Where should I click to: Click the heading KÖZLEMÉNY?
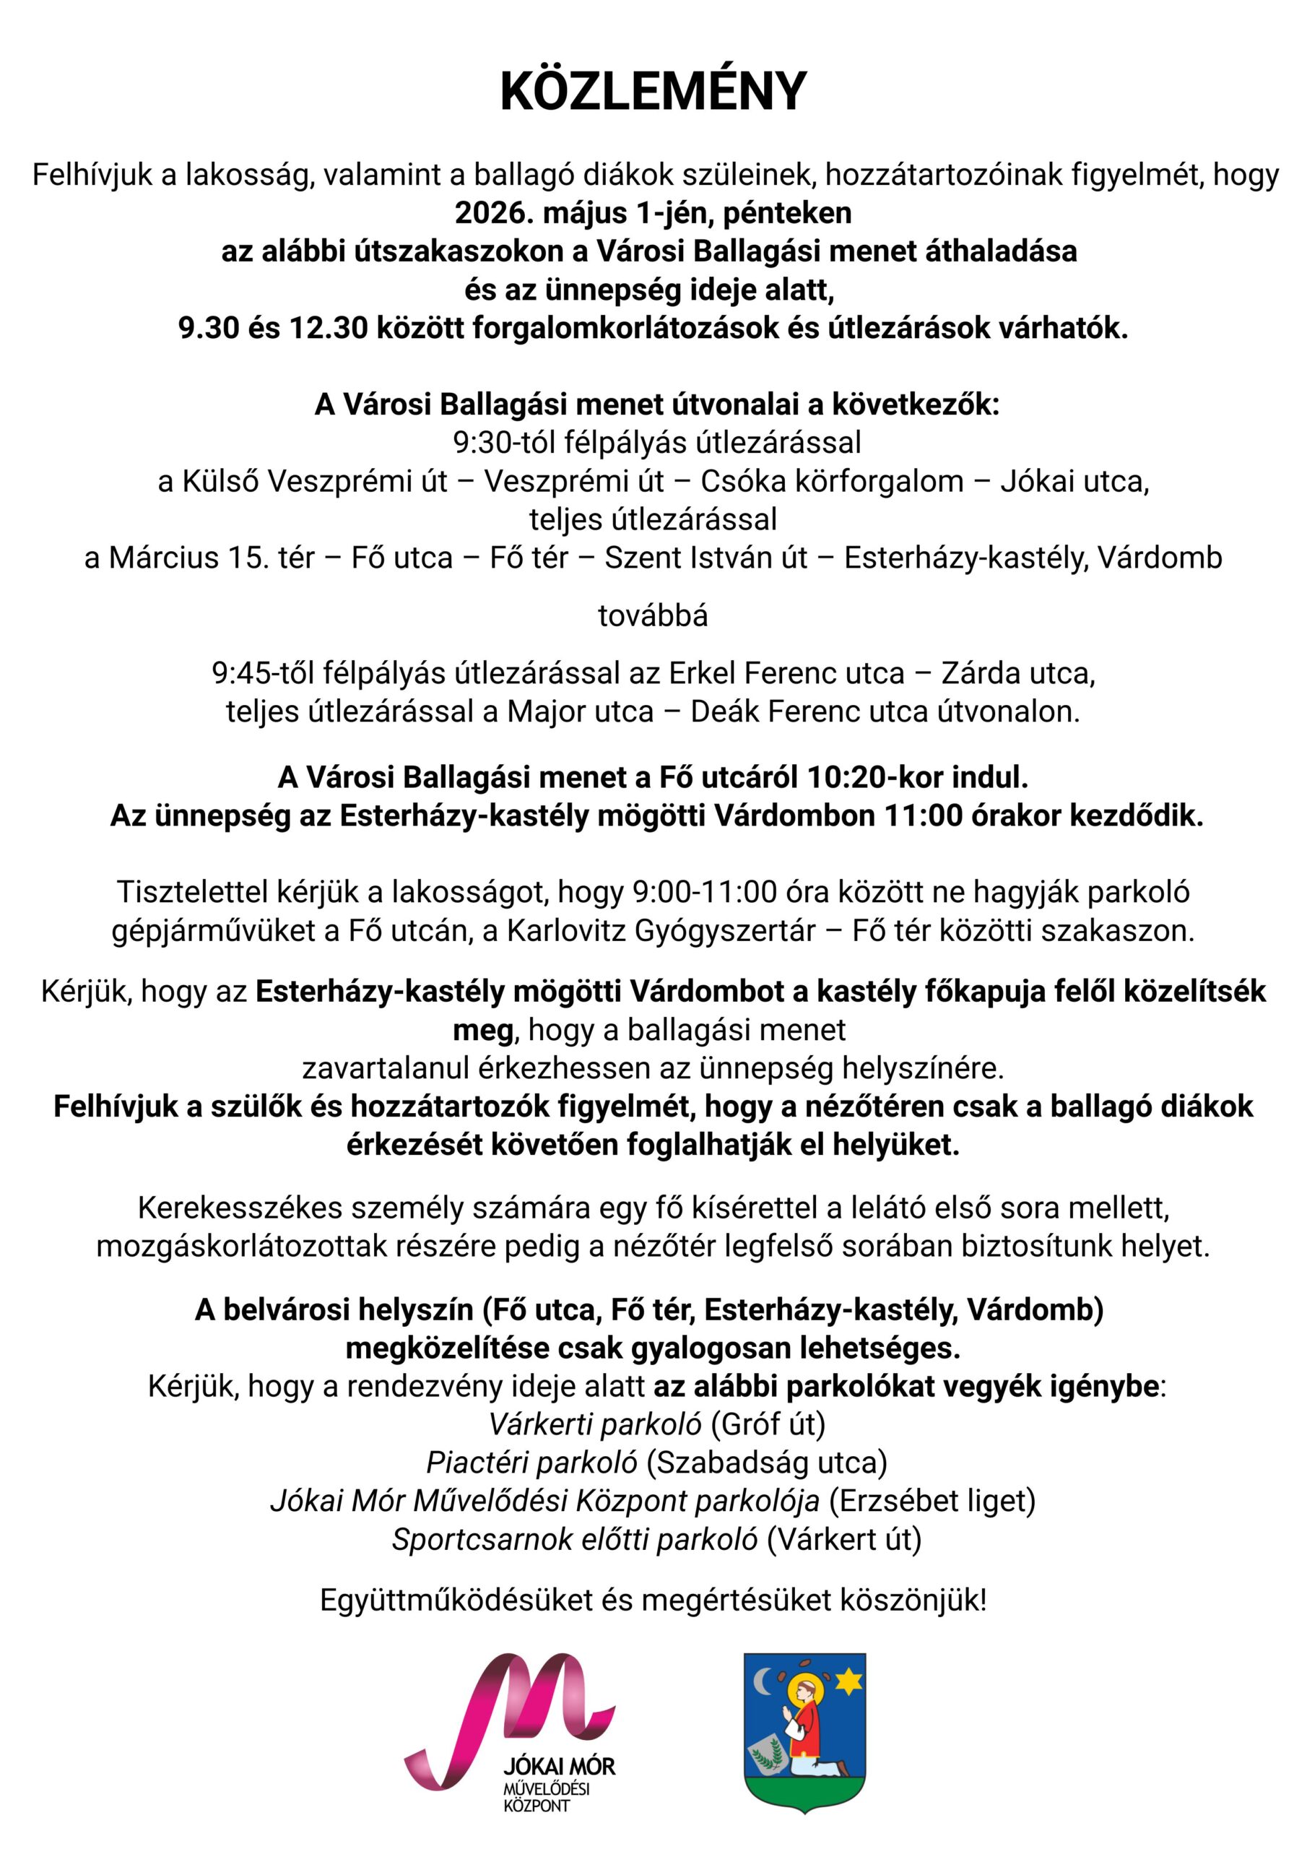(653, 92)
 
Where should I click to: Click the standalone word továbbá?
(653, 616)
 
